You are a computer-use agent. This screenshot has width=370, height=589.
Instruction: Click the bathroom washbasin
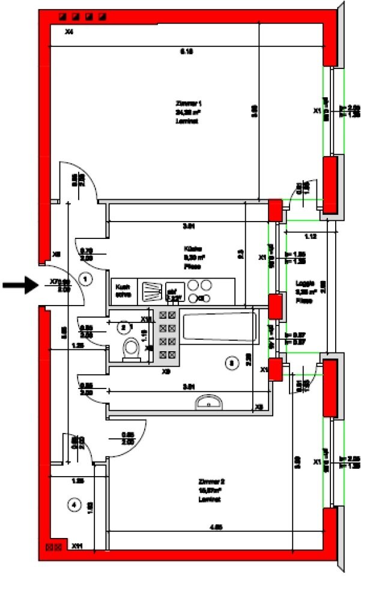tap(208, 402)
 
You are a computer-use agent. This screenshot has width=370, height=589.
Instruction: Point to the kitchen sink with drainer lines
tap(151, 291)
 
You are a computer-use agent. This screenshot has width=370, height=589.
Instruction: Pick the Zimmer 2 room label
tap(211, 491)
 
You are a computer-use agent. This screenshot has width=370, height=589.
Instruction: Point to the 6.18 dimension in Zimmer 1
tap(187, 52)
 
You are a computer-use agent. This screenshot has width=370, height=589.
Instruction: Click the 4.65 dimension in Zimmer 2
tap(216, 528)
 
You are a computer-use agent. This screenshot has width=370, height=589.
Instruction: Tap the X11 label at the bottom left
tap(76, 546)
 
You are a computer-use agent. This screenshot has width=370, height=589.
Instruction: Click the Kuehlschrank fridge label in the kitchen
tap(123, 291)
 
